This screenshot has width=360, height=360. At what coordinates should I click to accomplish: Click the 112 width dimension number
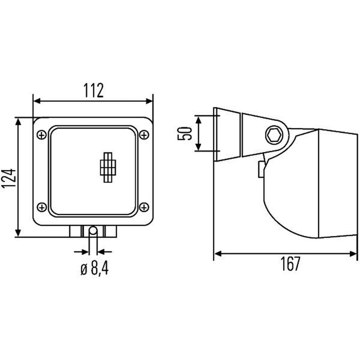pyautogui.click(x=94, y=90)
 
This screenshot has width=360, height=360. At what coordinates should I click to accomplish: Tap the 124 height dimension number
pyautogui.click(x=9, y=178)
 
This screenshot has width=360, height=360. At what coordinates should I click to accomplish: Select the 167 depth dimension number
pyautogui.click(x=290, y=264)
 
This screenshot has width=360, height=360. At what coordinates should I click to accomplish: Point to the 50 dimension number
pyautogui.click(x=184, y=133)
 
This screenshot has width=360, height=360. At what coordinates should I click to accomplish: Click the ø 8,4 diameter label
pyautogui.click(x=94, y=268)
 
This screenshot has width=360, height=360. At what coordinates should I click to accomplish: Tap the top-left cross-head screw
pyautogui.click(x=41, y=135)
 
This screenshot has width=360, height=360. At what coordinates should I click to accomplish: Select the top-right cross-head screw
pyautogui.click(x=144, y=135)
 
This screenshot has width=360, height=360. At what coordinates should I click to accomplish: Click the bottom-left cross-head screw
pyautogui.click(x=41, y=207)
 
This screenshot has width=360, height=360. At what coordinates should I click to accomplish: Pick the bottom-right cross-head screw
pyautogui.click(x=144, y=207)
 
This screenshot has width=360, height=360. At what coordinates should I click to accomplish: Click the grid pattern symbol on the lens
pyautogui.click(x=108, y=167)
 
